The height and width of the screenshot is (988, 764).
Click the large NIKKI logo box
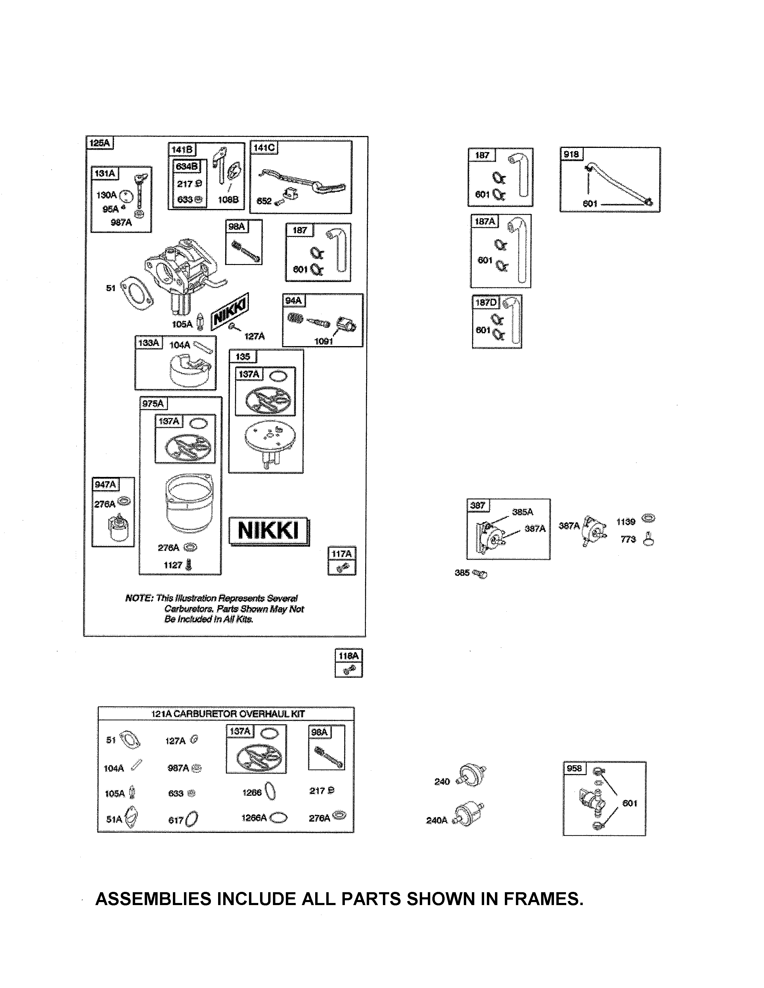(x=269, y=530)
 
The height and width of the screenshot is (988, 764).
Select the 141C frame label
(x=264, y=148)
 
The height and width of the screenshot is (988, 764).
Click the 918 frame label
(x=571, y=154)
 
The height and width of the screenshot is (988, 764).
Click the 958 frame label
(x=574, y=769)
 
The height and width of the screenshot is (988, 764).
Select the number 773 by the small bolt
(x=628, y=539)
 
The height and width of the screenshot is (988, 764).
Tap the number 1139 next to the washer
(x=626, y=522)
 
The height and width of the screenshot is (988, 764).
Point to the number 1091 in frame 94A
(x=324, y=341)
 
